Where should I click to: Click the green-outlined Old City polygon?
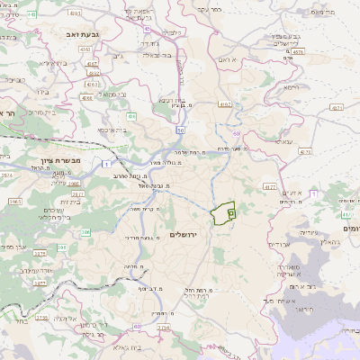pyautogui.click(x=222, y=213)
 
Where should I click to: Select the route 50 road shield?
pyautogui.click(x=180, y=131)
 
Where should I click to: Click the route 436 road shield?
pyautogui.click(x=131, y=116)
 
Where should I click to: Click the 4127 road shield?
pyautogui.click(x=269, y=186)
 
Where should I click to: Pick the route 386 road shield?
pyautogui.click(x=87, y=232)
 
